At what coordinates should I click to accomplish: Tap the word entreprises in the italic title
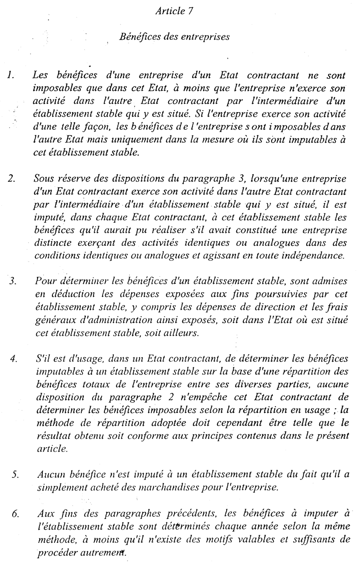click(207, 37)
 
